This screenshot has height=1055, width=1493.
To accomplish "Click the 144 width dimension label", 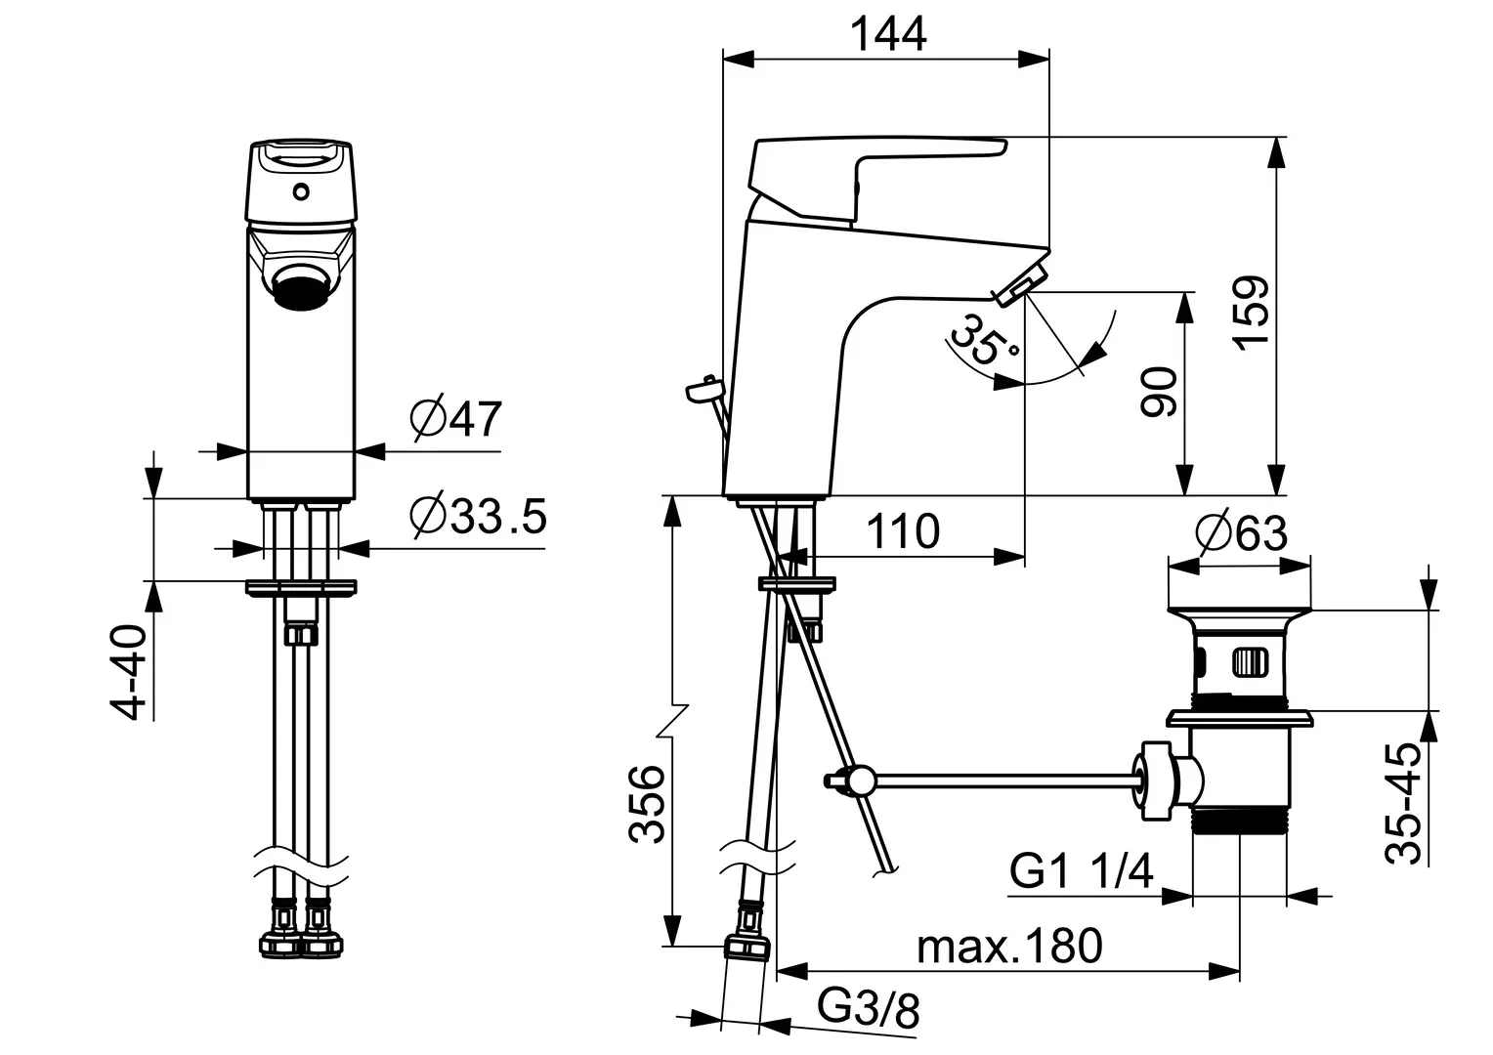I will [886, 34].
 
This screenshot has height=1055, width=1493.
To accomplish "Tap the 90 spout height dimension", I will [1160, 392].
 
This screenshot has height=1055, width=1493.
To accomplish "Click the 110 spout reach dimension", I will [903, 532].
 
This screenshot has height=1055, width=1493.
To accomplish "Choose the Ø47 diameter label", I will [456, 419].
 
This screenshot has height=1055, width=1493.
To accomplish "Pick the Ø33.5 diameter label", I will [478, 517].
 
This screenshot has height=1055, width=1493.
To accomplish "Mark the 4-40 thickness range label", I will [129, 673].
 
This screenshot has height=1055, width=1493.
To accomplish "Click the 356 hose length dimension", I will [647, 803].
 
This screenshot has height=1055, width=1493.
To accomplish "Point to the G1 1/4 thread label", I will [1082, 870].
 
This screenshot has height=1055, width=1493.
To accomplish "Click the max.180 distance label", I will [1009, 945].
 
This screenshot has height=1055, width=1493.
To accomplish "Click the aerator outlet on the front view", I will [300, 290].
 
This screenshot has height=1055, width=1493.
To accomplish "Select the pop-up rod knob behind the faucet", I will [704, 391].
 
